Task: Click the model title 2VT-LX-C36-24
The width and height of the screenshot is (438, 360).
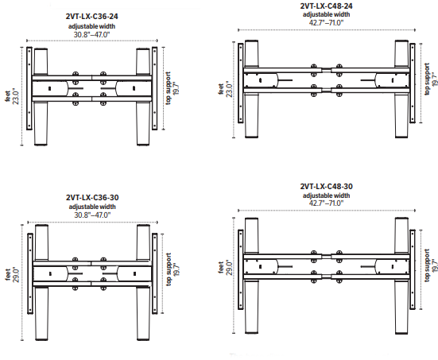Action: click(92, 17)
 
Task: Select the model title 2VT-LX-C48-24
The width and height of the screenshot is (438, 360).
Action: click(326, 6)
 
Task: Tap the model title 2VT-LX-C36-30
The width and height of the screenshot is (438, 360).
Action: click(92, 197)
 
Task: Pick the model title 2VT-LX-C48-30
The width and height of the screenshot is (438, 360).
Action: click(326, 186)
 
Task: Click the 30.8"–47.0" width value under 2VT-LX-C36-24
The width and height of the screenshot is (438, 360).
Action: click(92, 35)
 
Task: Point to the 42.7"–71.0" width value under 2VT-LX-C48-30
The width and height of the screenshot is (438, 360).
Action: click(326, 203)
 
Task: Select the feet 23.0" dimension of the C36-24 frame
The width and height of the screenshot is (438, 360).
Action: click(12, 97)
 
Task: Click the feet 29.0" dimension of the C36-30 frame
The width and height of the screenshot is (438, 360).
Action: click(12, 275)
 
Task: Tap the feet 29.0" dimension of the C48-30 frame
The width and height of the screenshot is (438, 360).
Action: click(225, 268)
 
